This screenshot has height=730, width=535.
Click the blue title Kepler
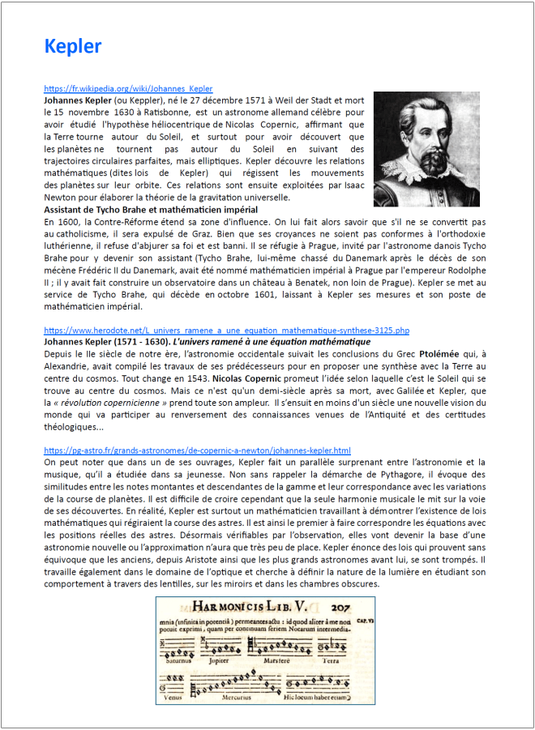[x=73, y=46]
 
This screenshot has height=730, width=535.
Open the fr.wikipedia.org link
[x=128, y=88]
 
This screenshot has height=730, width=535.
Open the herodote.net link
[x=226, y=331]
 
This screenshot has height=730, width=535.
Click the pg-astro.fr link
[x=197, y=450]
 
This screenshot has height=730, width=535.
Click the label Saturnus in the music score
[x=179, y=659]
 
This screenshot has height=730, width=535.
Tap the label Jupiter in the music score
[x=220, y=659]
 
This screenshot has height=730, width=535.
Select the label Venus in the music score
[x=173, y=696]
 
